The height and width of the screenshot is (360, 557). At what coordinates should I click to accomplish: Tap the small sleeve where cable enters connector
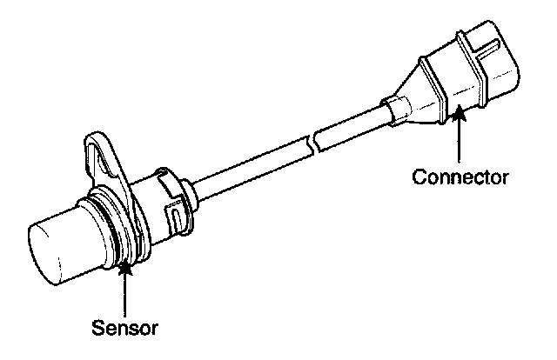click(392, 110)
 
